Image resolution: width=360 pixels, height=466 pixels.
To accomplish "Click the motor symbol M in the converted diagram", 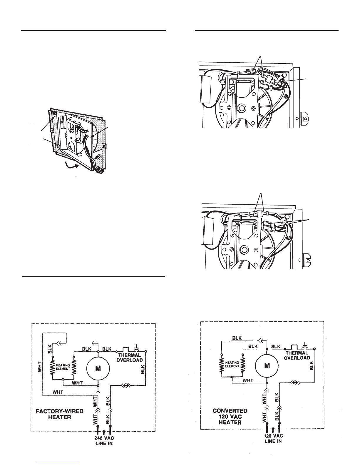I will point(267,366).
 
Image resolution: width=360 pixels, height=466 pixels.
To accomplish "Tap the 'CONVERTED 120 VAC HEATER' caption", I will point(230,416).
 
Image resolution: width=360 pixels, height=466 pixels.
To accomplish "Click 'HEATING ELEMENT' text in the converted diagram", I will point(232,365).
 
